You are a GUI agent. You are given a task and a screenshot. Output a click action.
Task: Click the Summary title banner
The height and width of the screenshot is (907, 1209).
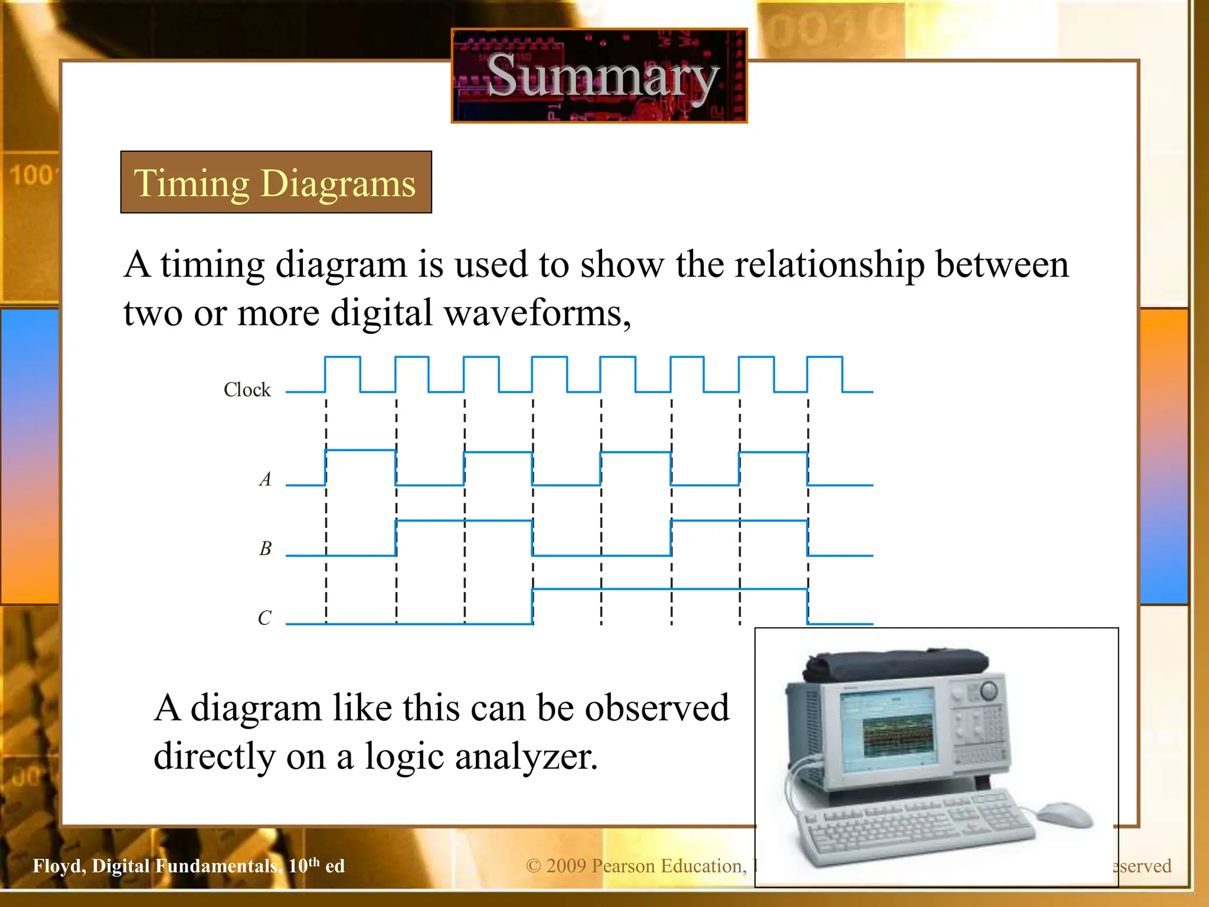click(599, 76)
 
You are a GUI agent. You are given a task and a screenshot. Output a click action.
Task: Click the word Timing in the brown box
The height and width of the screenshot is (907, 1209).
click(192, 183)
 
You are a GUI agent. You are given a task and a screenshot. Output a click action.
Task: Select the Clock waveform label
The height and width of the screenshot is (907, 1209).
click(247, 390)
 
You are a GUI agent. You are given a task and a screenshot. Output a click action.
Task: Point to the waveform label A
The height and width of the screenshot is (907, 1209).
click(266, 478)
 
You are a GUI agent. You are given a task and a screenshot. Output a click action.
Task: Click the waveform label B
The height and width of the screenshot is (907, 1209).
click(266, 548)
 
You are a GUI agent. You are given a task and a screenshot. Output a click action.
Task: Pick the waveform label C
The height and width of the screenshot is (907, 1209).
click(264, 618)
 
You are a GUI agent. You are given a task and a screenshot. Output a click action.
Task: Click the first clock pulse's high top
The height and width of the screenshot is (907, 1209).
click(342, 357)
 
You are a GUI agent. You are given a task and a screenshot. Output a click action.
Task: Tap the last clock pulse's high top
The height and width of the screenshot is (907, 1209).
click(825, 357)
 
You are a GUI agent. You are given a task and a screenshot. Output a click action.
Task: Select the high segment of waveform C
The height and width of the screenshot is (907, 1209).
click(670, 589)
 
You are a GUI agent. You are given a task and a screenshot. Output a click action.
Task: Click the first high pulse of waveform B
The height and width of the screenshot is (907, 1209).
click(464, 520)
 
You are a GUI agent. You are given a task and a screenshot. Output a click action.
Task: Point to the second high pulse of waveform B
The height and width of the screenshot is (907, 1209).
click(739, 520)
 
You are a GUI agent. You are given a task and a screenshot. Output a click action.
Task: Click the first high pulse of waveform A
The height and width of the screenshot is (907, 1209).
click(360, 451)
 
